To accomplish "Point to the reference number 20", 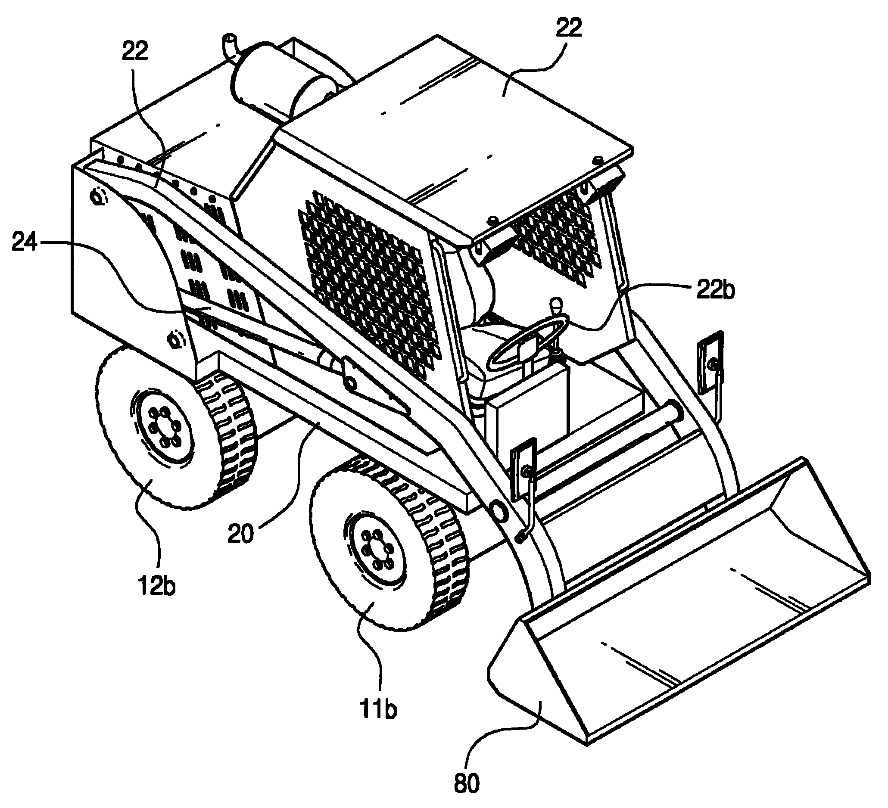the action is [241, 534].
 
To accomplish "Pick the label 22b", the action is [715, 291].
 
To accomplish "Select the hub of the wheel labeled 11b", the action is [377, 549].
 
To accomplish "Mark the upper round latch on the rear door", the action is [99, 196].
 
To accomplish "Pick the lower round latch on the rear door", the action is [175, 339].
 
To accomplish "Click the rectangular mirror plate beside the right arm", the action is [710, 360].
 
